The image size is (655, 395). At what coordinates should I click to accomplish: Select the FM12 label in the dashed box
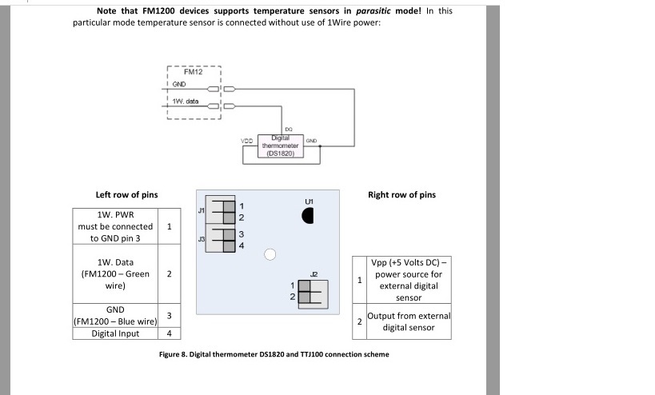click(x=193, y=72)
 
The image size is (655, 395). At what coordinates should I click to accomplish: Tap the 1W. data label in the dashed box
click(x=186, y=101)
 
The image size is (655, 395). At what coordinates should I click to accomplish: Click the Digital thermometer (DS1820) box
click(x=280, y=146)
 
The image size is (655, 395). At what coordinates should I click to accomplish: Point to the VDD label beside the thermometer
click(x=247, y=141)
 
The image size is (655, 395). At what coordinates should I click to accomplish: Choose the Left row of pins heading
click(x=126, y=194)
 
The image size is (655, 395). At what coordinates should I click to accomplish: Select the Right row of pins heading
click(x=401, y=194)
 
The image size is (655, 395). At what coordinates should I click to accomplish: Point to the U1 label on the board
click(x=310, y=199)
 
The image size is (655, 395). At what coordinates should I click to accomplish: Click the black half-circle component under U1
click(x=308, y=215)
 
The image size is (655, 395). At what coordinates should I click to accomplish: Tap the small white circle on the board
click(x=270, y=254)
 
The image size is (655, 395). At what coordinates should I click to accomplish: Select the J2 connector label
click(x=314, y=274)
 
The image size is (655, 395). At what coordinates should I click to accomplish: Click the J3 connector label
click(x=202, y=238)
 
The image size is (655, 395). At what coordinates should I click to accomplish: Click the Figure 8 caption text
click(x=274, y=354)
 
